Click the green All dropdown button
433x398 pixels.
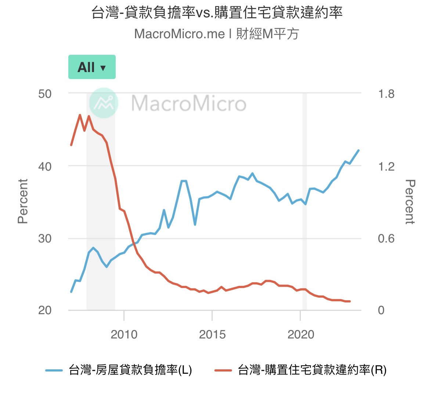[x=92, y=67]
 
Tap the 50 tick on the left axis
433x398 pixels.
[x=45, y=94]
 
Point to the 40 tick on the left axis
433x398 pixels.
[x=45, y=166]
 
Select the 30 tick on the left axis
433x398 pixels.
[x=45, y=239]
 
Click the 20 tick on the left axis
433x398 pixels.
[x=45, y=310]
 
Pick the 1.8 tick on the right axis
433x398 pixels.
[x=386, y=94]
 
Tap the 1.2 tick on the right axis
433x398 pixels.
[x=386, y=166]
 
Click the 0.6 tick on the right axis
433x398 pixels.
[x=386, y=239]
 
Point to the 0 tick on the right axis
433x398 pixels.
[x=381, y=310]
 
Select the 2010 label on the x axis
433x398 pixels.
[x=124, y=334]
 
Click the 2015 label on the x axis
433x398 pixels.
[x=212, y=334]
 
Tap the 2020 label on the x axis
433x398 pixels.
[x=300, y=334]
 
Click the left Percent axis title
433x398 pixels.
[x=23, y=201]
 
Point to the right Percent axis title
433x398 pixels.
[x=410, y=201]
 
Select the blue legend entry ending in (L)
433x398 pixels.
[x=119, y=370]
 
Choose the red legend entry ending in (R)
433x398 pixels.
[x=300, y=370]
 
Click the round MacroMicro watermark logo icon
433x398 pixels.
[x=104, y=103]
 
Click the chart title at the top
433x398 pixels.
[x=217, y=12]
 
